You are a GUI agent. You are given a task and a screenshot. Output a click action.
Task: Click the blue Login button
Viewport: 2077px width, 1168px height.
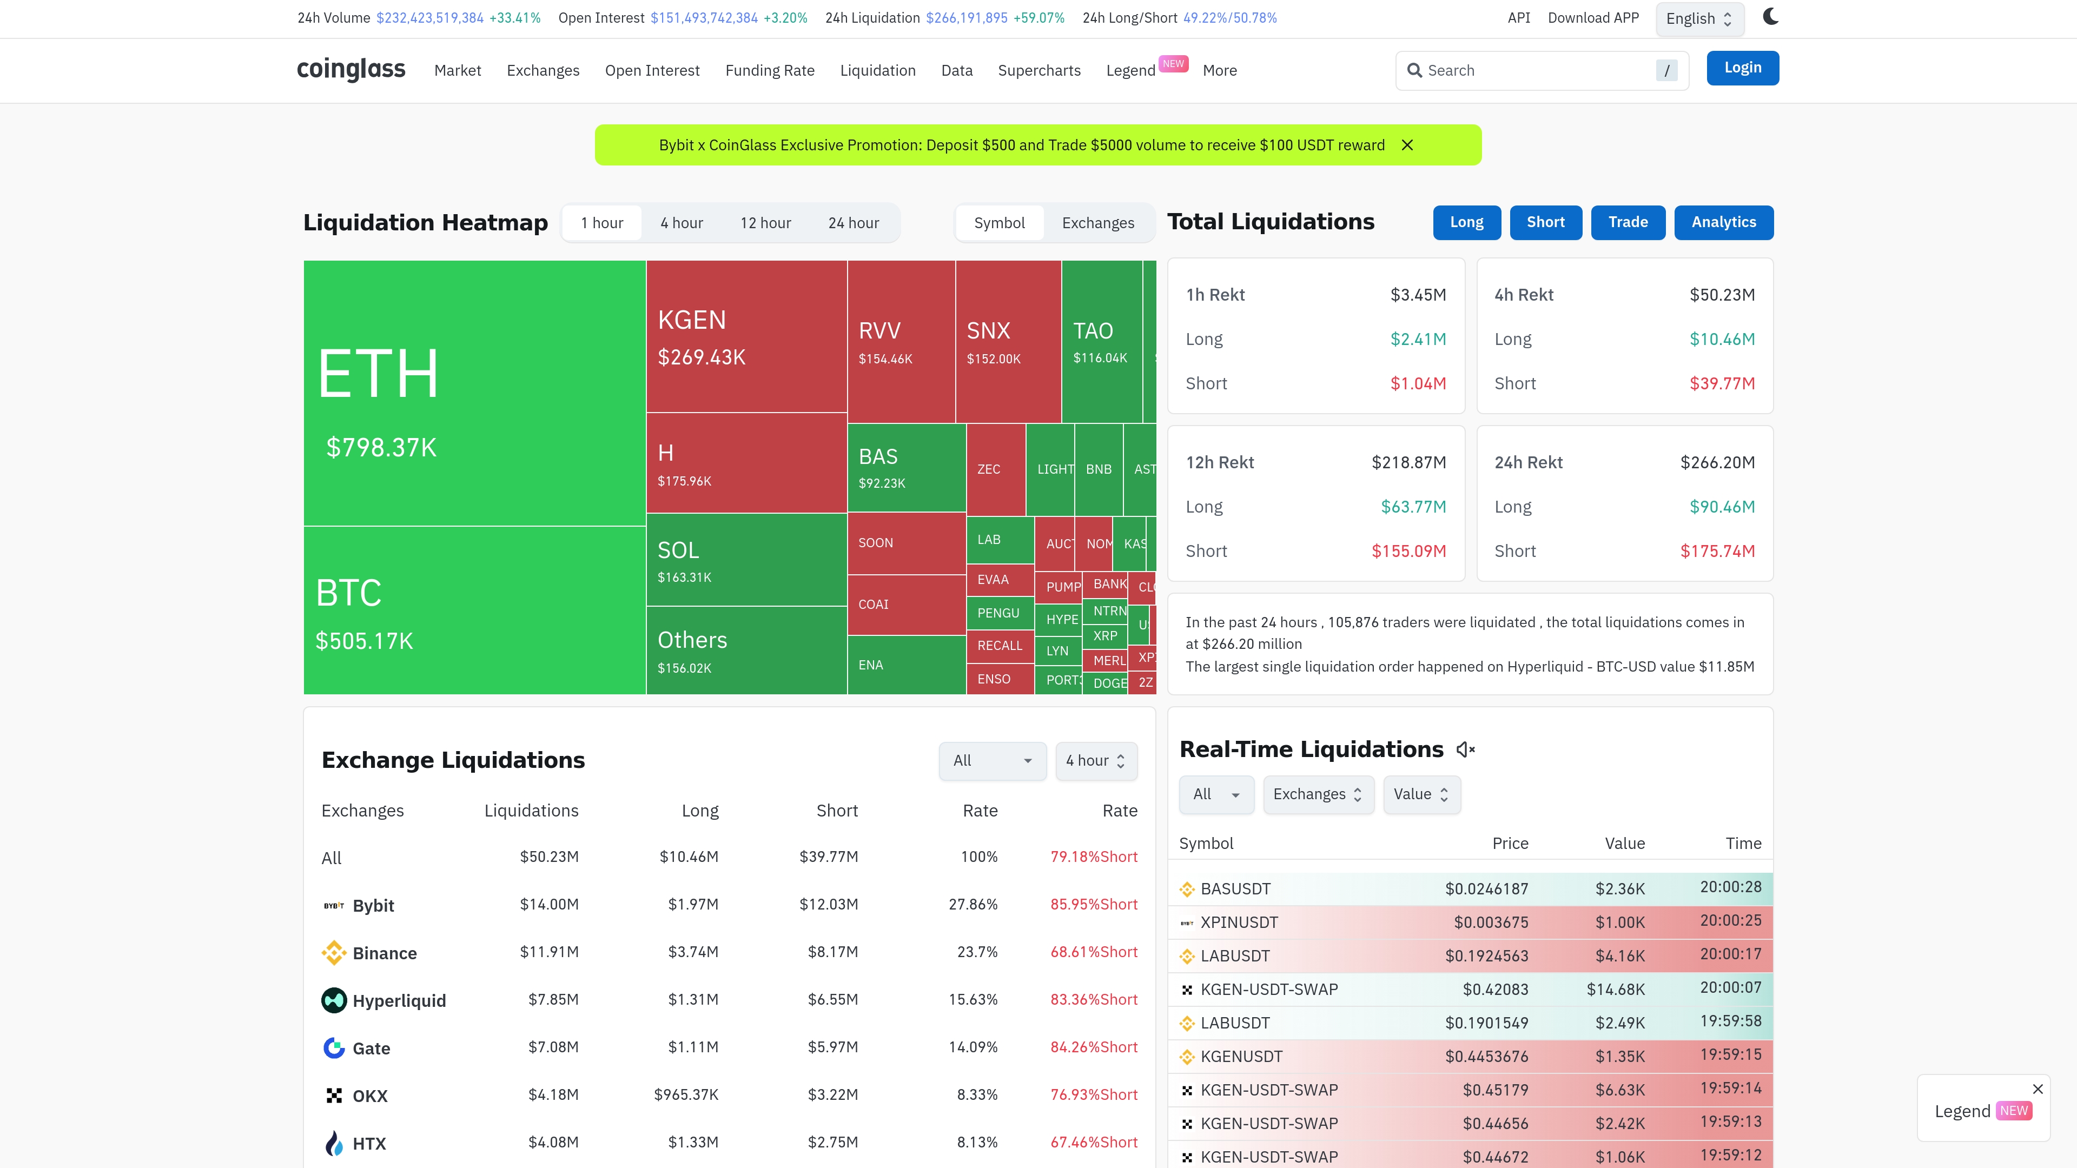pyautogui.click(x=1742, y=68)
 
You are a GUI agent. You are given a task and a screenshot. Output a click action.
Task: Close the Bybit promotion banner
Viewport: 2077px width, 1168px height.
pyautogui.click(x=1407, y=145)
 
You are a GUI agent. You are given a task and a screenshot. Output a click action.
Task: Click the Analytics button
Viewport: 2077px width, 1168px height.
pyautogui.click(x=1723, y=222)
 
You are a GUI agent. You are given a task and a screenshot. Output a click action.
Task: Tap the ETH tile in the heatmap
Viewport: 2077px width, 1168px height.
pyautogui.click(x=474, y=393)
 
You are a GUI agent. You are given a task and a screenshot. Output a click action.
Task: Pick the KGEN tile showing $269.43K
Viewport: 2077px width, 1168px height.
pyautogui.click(x=746, y=336)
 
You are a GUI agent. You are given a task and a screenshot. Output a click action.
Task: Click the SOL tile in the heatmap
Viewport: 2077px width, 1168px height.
pyautogui.click(x=746, y=560)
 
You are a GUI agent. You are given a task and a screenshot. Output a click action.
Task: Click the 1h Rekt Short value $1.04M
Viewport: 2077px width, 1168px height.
pyautogui.click(x=1418, y=384)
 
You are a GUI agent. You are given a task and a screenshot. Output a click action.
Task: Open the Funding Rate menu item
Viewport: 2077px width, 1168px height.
pyautogui.click(x=769, y=71)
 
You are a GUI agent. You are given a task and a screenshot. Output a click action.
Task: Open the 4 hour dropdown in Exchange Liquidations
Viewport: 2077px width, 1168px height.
pyautogui.click(x=1096, y=761)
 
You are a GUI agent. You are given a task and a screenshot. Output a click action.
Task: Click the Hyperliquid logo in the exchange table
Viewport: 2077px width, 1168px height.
pyautogui.click(x=334, y=1000)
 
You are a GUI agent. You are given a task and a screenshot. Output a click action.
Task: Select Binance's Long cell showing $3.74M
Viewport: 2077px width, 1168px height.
pyautogui.click(x=692, y=952)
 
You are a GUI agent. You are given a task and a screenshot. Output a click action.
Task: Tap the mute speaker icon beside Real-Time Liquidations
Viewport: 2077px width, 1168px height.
pyautogui.click(x=1465, y=749)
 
